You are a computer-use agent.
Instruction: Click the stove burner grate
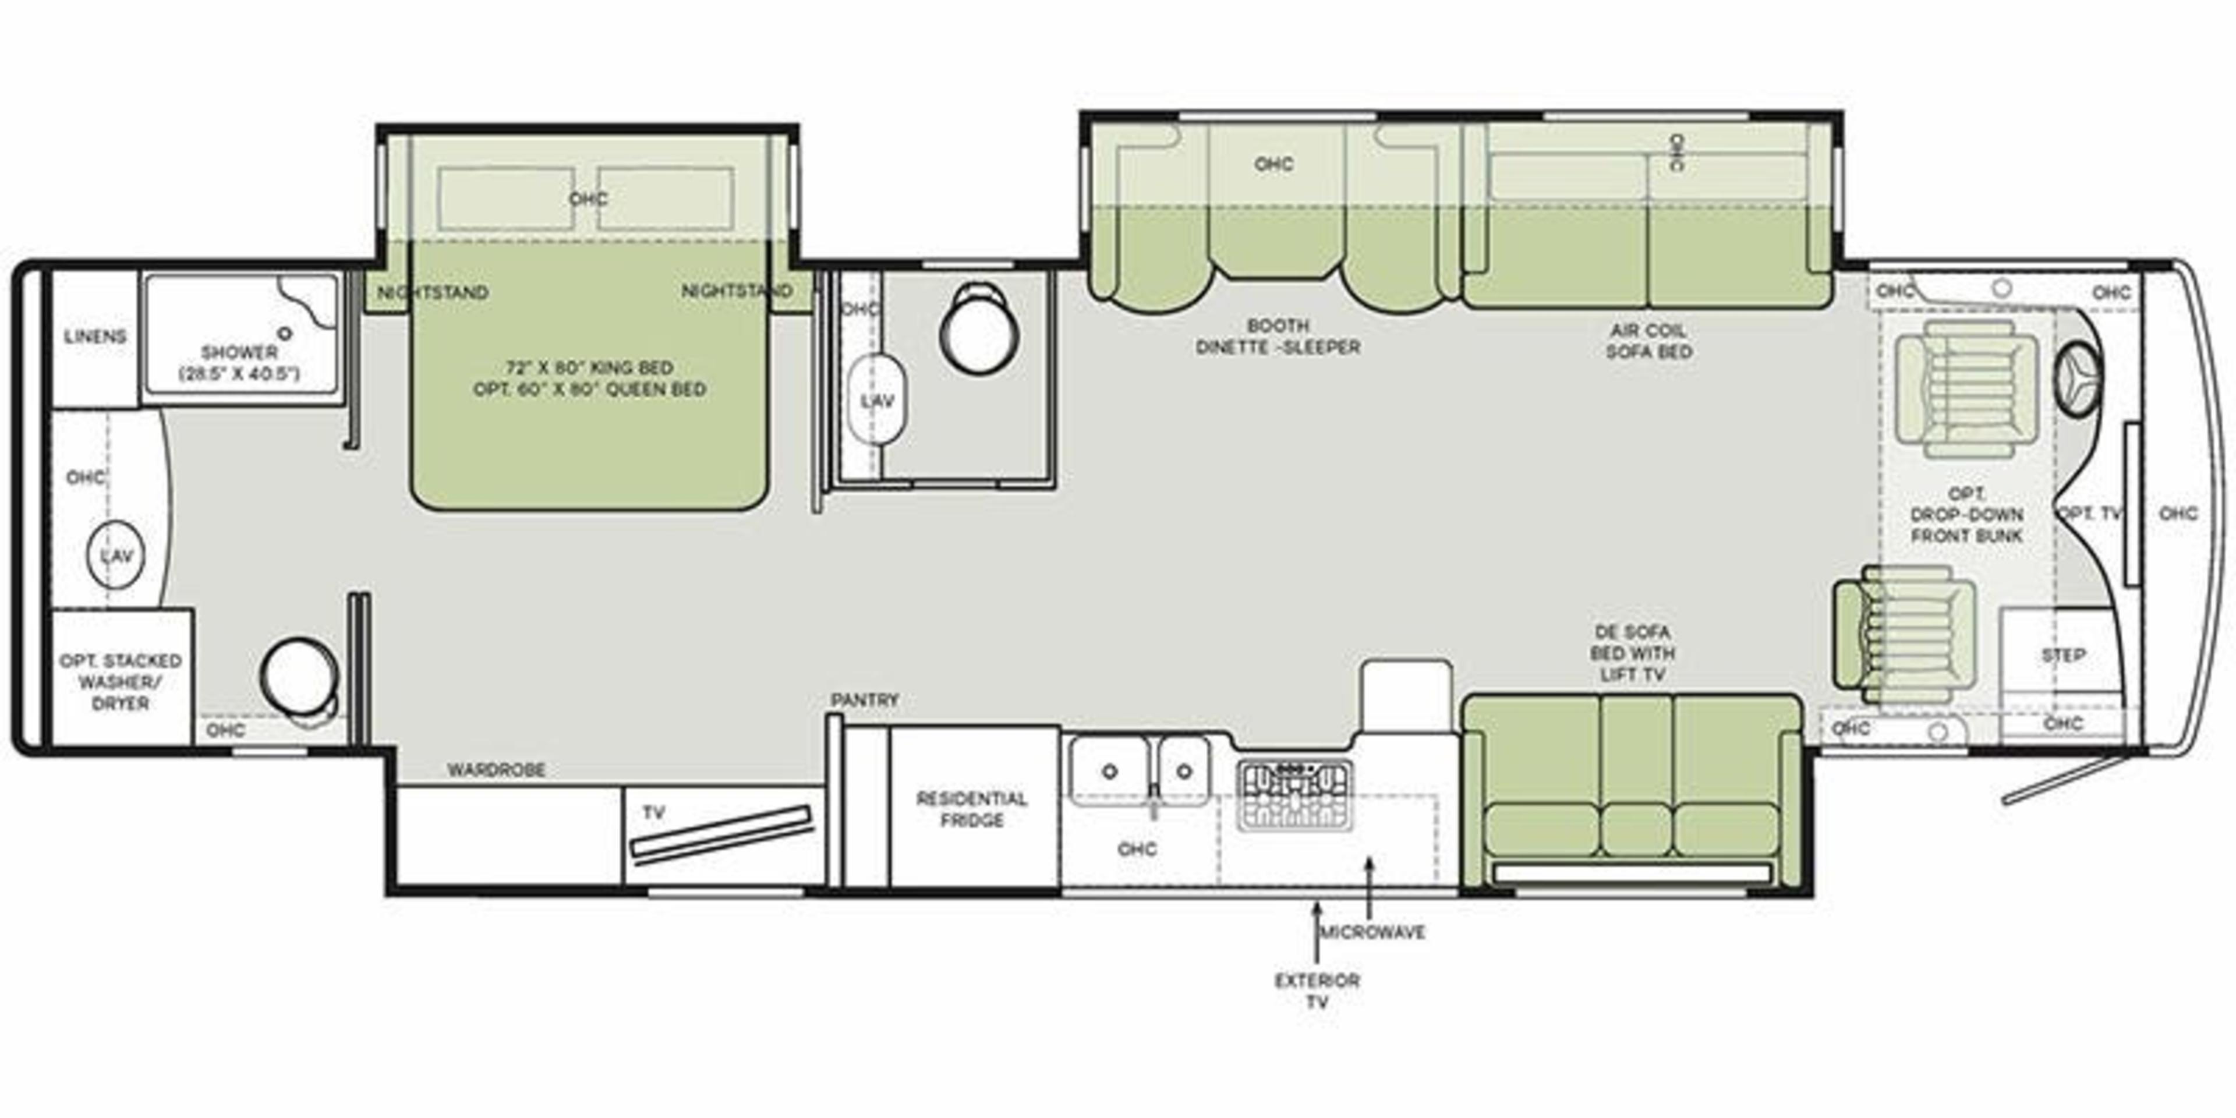[x=1294, y=795]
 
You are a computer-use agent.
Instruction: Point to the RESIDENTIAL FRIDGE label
[x=971, y=809]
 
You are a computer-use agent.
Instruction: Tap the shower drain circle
[x=285, y=332]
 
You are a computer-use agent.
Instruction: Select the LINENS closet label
[x=94, y=337]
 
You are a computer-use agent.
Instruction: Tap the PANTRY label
[x=865, y=699]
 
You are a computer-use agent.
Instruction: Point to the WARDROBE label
[x=497, y=770]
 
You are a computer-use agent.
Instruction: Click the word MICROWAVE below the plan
[x=1372, y=932]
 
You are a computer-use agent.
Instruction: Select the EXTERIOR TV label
[x=1317, y=990]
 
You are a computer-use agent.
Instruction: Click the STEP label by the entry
[x=2063, y=655]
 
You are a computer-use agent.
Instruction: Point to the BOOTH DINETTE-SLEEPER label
[x=1278, y=337]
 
